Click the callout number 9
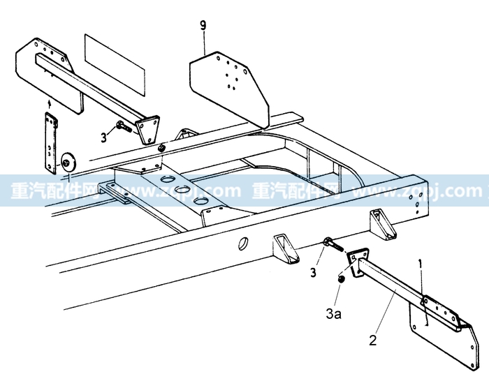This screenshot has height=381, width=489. point(203,27)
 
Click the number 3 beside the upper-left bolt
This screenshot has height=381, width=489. point(103,137)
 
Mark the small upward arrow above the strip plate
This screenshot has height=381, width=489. point(48,104)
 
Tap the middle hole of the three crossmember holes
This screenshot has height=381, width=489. point(184,190)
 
